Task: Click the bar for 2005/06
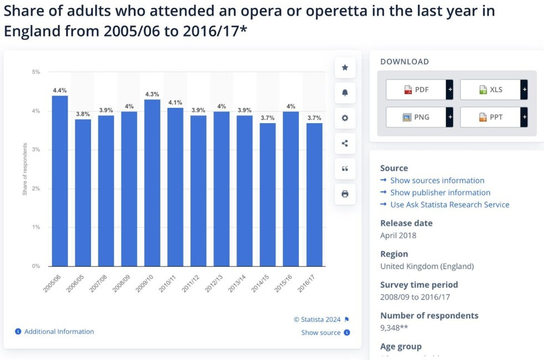coord(60,181)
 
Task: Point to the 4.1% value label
coord(175,102)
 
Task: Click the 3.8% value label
coord(83,114)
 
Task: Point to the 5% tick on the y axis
coord(36,72)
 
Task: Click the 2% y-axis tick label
coord(36,189)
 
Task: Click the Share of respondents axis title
coord(25,169)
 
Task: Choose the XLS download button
coord(490,89)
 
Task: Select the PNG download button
coord(416,117)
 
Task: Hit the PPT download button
coord(490,117)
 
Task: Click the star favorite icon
coord(345,68)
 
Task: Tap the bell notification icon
coord(345,93)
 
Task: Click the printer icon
coord(345,194)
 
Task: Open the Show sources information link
coord(437,181)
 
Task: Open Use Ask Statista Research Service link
coord(449,204)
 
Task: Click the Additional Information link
coord(59,332)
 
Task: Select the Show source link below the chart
coord(321,333)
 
